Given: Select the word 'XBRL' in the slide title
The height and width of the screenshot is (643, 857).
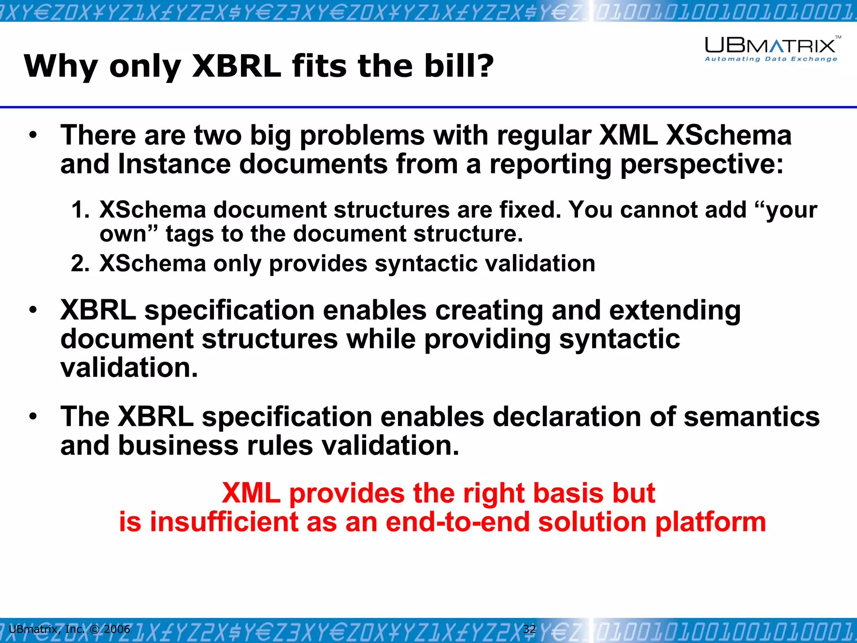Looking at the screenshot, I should point(236,66).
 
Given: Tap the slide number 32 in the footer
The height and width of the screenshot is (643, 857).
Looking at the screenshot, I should point(529,629).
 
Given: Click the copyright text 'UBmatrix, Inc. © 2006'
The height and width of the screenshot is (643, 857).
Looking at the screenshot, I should point(69,629).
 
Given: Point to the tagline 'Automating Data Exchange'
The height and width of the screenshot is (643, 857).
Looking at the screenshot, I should point(771,59).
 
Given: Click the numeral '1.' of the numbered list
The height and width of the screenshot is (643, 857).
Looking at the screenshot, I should point(80,209).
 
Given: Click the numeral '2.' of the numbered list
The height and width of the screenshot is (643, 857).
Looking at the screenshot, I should point(80,264).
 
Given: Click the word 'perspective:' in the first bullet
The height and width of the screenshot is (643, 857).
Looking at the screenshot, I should point(701,164).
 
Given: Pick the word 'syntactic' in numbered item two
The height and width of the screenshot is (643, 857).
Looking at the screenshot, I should point(426,264).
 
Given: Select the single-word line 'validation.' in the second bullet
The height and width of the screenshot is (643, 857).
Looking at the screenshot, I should point(129,368).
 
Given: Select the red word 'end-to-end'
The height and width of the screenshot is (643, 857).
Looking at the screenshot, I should point(457,522).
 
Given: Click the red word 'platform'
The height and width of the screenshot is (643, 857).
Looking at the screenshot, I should point(710,522).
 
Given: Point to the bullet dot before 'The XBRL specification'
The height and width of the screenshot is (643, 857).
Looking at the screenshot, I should point(33,417).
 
